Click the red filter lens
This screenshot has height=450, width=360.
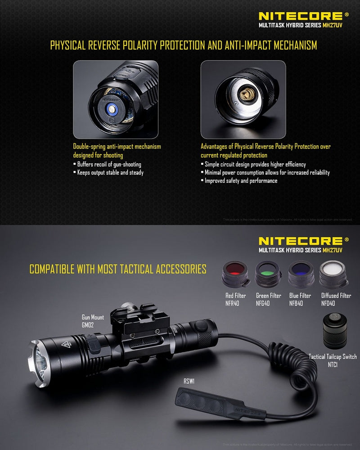pos(235,272)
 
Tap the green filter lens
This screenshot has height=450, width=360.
pos(268,272)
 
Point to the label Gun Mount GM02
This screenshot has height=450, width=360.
pos(93,320)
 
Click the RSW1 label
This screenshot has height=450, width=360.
pos(189,381)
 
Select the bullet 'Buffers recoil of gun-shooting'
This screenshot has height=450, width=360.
pos(109,164)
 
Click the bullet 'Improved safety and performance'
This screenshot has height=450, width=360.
pos(241,180)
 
